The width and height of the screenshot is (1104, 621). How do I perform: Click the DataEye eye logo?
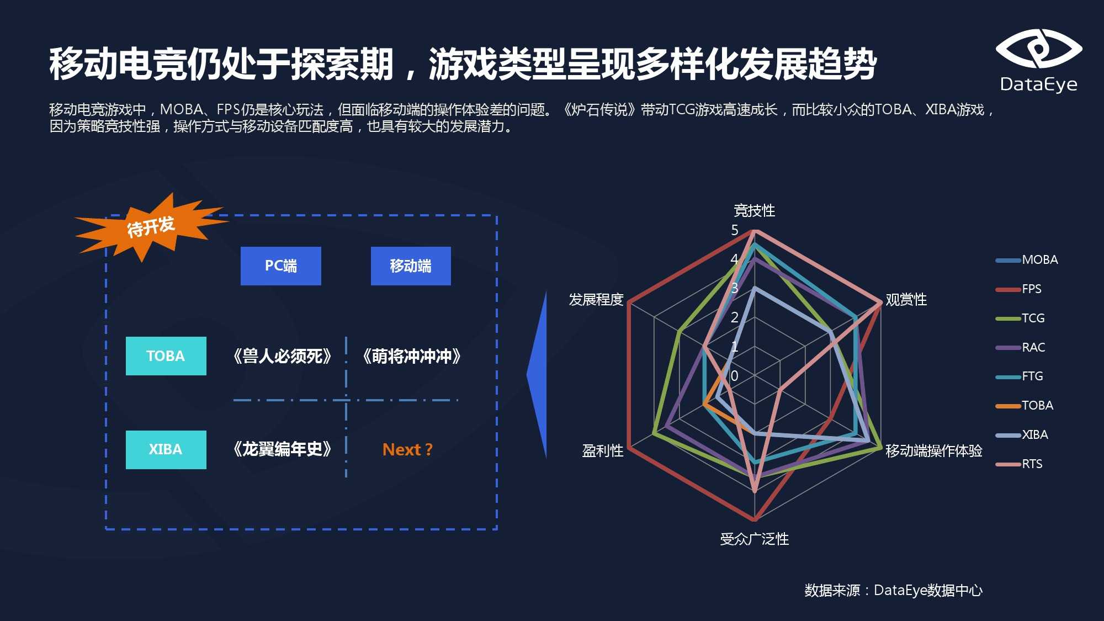(x=1039, y=49)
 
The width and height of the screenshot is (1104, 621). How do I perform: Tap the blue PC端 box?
(x=281, y=266)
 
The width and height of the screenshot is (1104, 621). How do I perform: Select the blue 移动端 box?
(x=411, y=266)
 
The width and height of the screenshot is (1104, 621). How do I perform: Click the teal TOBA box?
(x=166, y=356)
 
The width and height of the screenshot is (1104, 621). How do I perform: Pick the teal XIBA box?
(x=166, y=450)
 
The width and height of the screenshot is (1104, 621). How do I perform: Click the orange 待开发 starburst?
(x=150, y=226)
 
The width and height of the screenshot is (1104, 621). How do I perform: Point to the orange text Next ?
(x=407, y=450)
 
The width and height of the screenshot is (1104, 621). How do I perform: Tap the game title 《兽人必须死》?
(x=282, y=356)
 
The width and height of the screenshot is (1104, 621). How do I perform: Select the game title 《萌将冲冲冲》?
(x=411, y=356)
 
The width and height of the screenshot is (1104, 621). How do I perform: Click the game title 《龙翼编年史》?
(x=282, y=449)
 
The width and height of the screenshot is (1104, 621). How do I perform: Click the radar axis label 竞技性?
(x=754, y=210)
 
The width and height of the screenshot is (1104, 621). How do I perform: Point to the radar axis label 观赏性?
(x=906, y=300)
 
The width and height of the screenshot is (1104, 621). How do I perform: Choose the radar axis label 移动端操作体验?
(x=934, y=451)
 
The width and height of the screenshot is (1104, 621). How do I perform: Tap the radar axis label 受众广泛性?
(x=754, y=539)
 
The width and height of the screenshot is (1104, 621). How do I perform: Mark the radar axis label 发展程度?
(x=596, y=300)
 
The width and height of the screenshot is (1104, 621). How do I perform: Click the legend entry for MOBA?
(x=1027, y=260)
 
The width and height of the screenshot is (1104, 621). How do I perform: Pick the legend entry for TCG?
(x=1021, y=319)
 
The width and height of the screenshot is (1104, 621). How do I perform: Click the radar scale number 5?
(x=735, y=230)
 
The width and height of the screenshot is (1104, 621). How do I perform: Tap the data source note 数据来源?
(x=832, y=590)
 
